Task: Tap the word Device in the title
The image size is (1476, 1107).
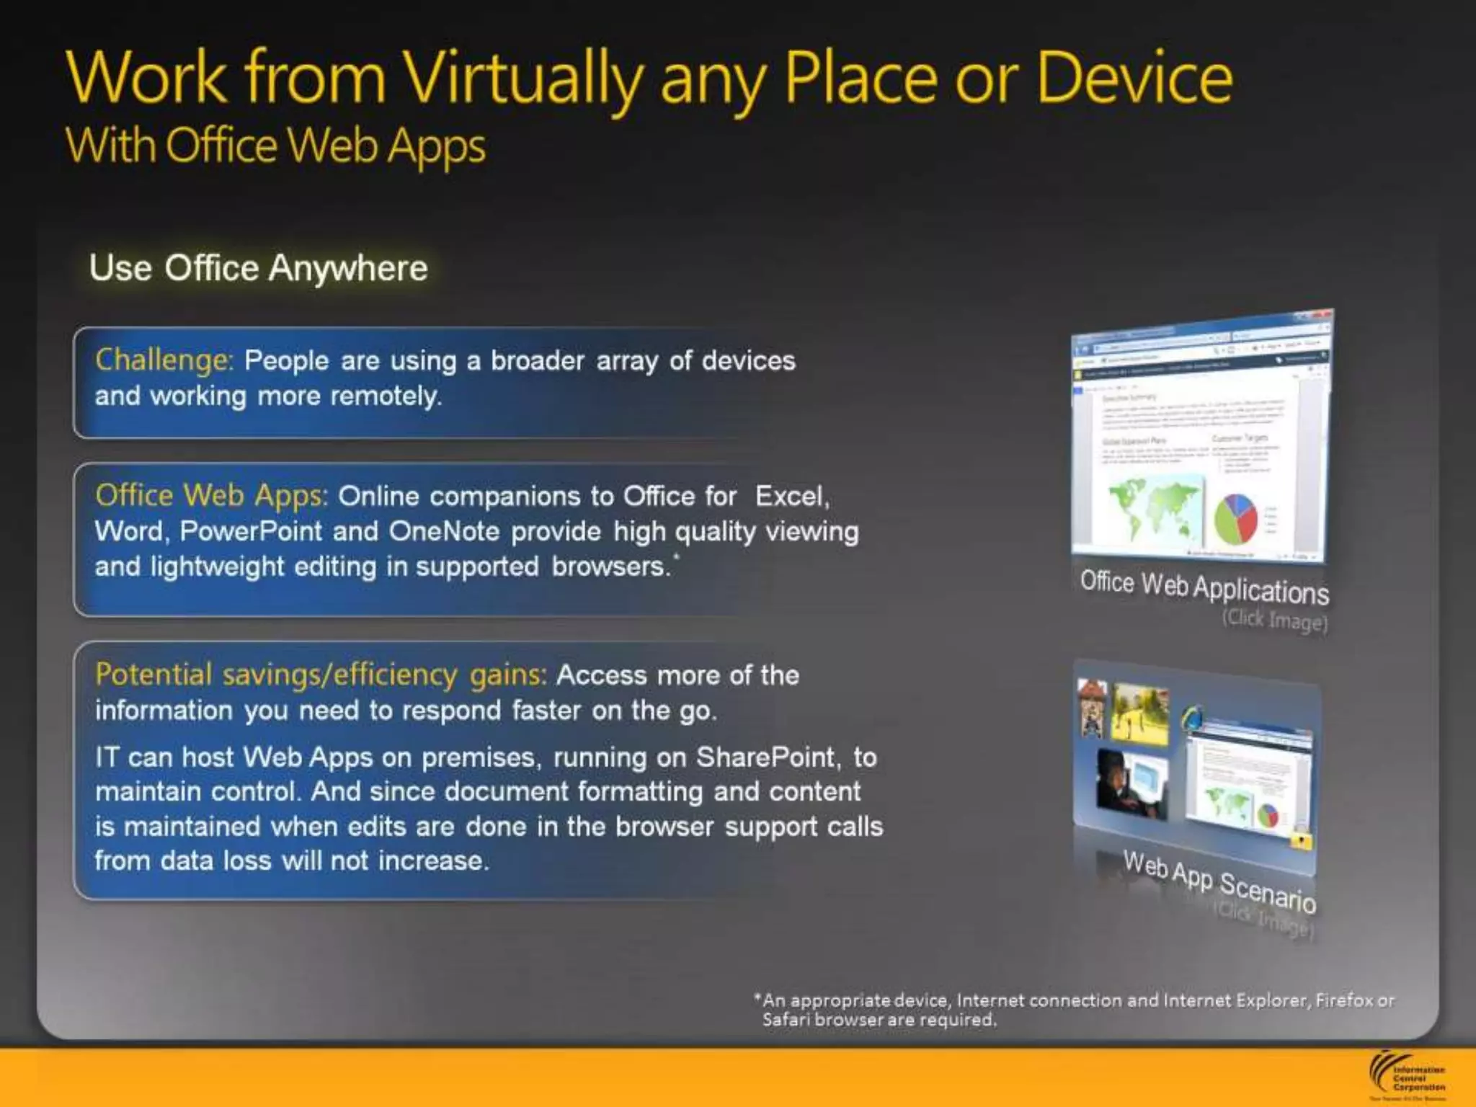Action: point(1134,78)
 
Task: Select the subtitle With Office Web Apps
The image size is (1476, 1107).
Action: point(275,146)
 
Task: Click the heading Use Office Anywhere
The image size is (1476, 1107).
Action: point(258,268)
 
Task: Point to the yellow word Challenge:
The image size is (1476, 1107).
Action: point(164,360)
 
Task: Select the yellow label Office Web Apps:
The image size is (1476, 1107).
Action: point(211,496)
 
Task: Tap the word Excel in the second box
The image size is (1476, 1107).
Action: point(791,496)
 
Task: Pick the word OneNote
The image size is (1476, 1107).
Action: point(444,531)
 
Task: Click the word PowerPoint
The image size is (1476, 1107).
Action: point(250,531)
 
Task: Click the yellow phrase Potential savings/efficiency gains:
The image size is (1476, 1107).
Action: point(321,675)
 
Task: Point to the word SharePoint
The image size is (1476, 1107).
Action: point(765,757)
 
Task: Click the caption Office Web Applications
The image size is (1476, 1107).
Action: point(1204,587)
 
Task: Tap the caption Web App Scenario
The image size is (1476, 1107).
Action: point(1219,881)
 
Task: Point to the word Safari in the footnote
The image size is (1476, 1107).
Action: point(786,1020)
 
